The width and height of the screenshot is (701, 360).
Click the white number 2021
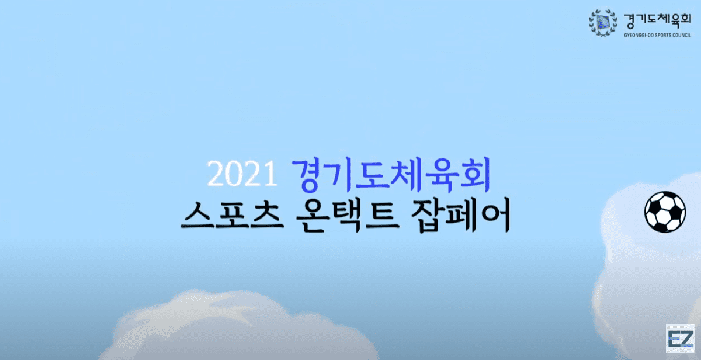pos(242,174)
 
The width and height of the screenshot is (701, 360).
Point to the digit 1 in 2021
pos(270,174)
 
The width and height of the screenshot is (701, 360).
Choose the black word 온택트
pos(348,216)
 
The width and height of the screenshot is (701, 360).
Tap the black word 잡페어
pos(461,216)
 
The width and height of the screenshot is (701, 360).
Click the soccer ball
pos(665,212)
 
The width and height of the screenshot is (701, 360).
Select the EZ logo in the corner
pos(681,340)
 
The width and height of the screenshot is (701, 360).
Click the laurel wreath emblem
pos(603,23)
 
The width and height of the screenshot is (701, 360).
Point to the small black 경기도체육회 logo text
pos(657,21)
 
